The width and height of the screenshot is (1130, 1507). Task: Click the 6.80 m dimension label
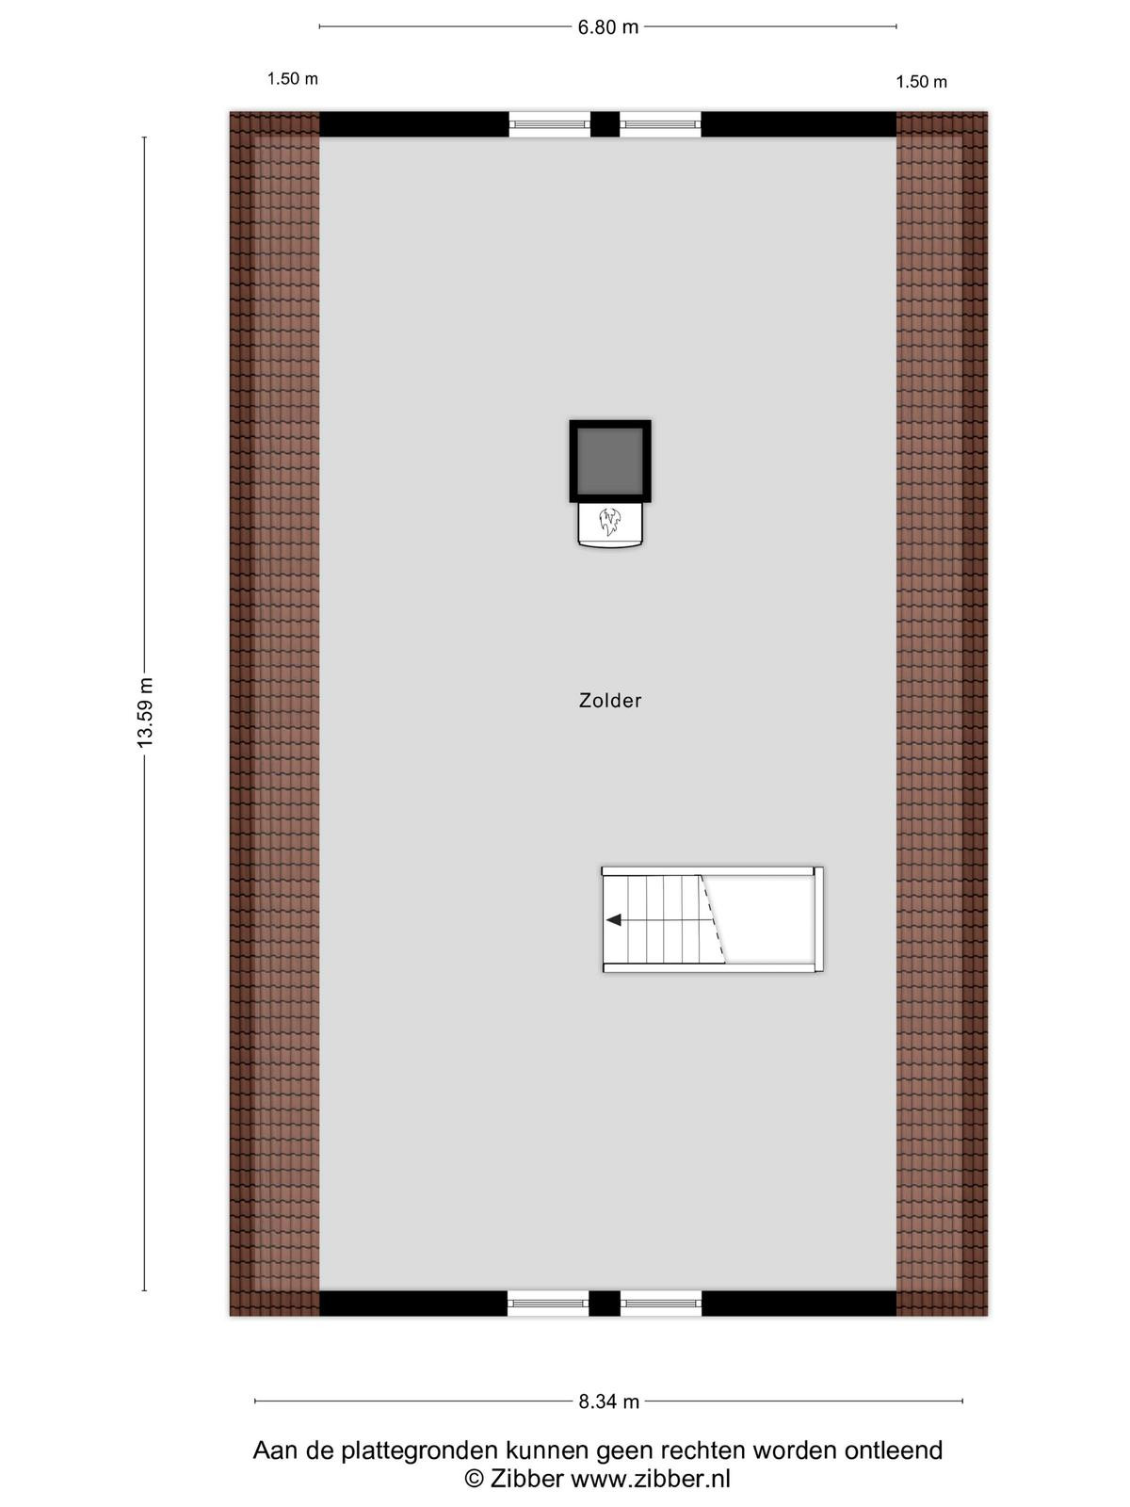(x=608, y=27)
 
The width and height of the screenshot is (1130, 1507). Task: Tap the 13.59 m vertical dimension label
(x=145, y=712)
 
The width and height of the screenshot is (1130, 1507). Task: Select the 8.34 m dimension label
(x=608, y=1402)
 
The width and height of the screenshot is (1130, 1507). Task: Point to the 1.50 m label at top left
(x=293, y=79)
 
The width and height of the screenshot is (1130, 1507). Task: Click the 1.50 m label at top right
(x=922, y=82)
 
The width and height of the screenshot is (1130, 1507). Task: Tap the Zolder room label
(x=610, y=701)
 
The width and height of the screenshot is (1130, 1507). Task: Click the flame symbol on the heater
(x=609, y=522)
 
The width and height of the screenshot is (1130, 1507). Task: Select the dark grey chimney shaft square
(x=610, y=461)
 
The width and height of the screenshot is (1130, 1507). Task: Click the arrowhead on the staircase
(x=614, y=919)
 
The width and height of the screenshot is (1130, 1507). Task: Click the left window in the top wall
(x=550, y=125)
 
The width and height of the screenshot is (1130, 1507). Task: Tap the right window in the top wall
(x=661, y=125)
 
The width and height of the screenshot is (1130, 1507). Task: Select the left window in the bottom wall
(x=548, y=1304)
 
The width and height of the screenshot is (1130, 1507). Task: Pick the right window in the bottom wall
(x=661, y=1304)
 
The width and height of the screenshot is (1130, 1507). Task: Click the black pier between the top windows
(x=605, y=125)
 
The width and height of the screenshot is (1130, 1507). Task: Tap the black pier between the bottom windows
(x=605, y=1304)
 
